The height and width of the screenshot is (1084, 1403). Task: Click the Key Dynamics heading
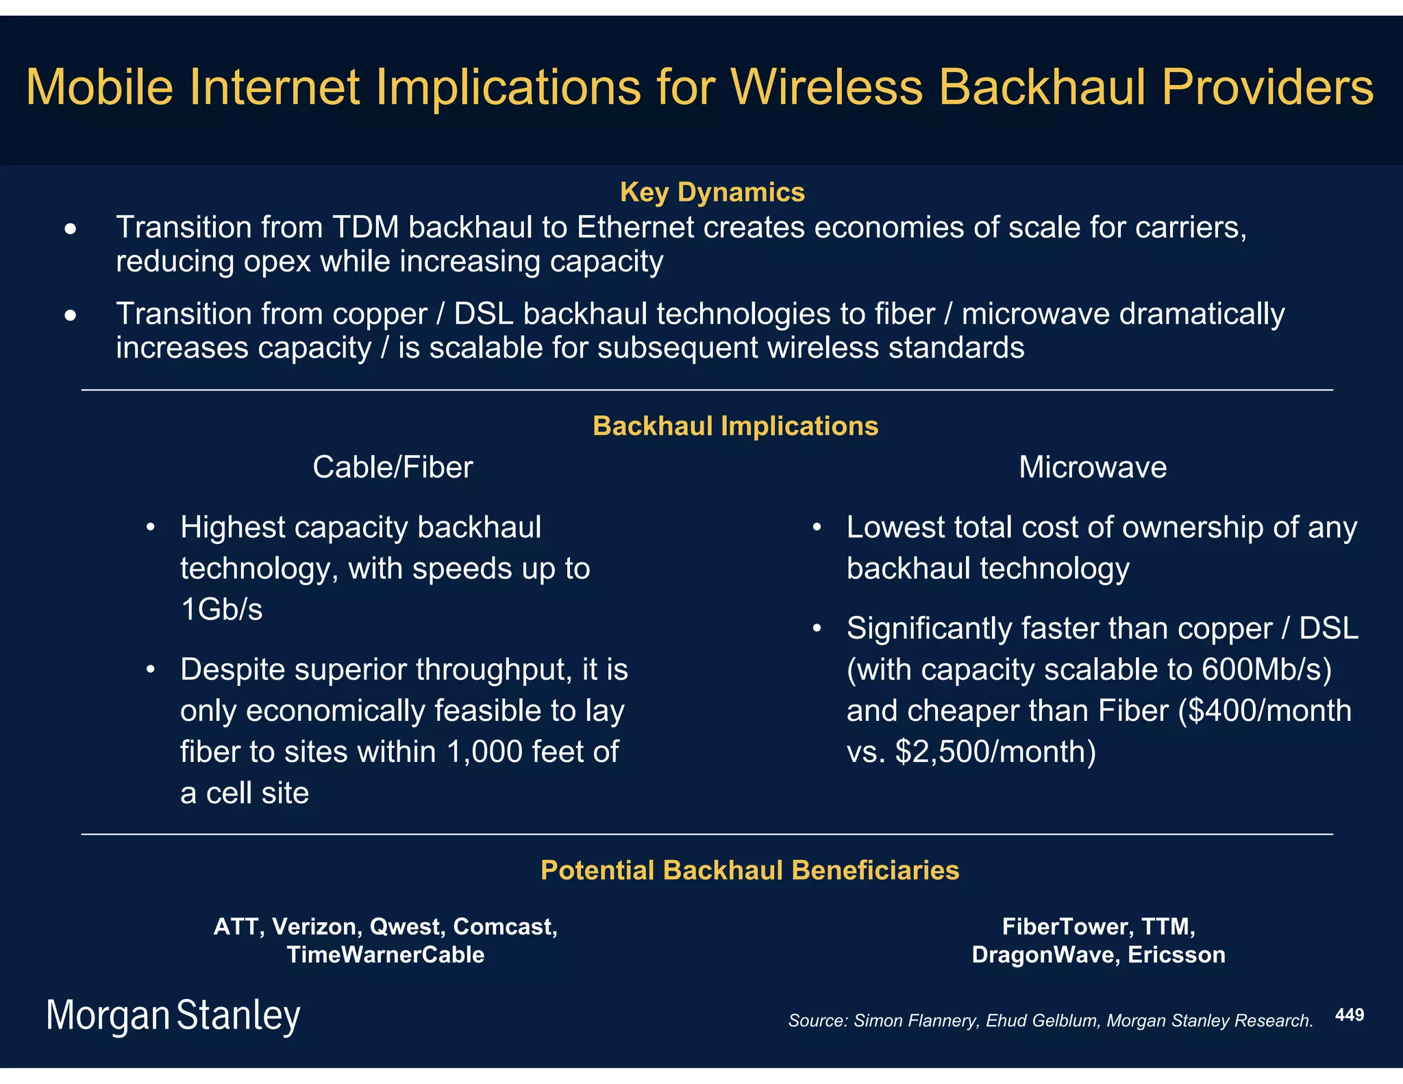(x=712, y=193)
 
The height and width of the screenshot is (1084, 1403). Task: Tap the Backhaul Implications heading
(x=735, y=426)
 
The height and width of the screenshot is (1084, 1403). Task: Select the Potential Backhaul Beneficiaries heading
(x=749, y=870)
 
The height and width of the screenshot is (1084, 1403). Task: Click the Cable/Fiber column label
(x=393, y=467)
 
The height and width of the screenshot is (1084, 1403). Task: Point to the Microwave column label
(x=1092, y=467)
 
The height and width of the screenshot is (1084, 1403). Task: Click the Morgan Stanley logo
(x=173, y=1015)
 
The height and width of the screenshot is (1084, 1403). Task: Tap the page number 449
(x=1349, y=1015)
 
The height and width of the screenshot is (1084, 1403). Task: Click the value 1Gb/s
(x=221, y=610)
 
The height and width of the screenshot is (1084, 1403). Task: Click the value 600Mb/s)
(x=1267, y=669)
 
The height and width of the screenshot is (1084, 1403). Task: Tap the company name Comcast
(x=505, y=926)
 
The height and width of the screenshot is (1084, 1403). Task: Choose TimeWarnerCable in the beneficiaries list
(x=385, y=954)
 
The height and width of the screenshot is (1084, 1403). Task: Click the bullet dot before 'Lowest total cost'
(x=816, y=528)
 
